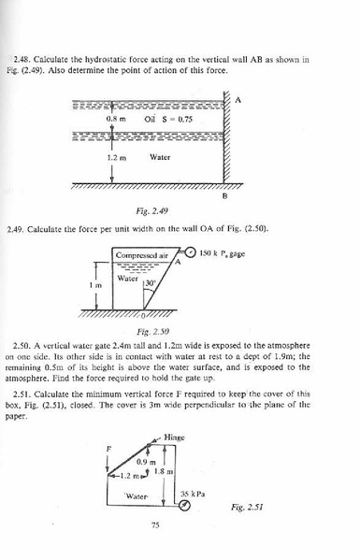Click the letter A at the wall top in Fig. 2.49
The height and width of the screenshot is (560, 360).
coord(237,103)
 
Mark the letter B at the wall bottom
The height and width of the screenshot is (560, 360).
coord(223,195)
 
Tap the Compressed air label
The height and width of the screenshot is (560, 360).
coord(142,253)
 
